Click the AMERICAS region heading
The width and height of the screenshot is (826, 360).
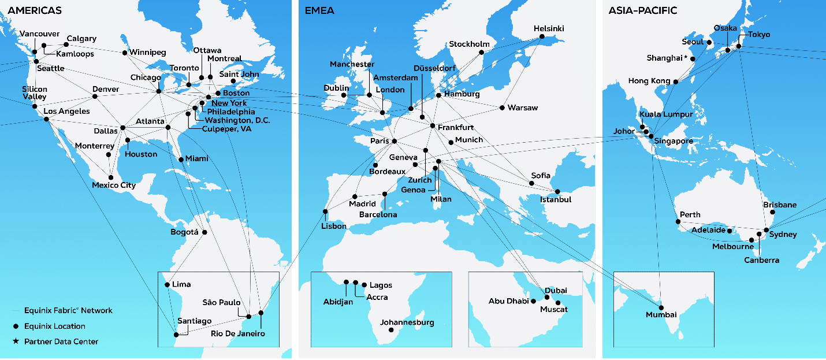(35, 10)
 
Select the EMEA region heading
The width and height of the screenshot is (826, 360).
(319, 10)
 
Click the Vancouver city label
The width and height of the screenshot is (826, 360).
(39, 34)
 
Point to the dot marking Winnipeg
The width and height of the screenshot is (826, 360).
(125, 53)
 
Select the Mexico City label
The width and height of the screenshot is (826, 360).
(114, 185)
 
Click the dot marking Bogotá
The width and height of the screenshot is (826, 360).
(204, 232)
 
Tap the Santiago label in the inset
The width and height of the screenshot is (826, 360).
(195, 321)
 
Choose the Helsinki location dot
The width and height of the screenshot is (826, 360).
(542, 37)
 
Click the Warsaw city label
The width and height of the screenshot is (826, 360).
(522, 108)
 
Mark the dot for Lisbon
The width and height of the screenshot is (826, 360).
(325, 211)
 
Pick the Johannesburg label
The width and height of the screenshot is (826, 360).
(407, 322)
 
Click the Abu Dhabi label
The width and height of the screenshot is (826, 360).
(508, 301)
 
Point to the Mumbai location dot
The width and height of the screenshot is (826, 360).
(661, 307)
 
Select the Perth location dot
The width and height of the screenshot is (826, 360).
(678, 222)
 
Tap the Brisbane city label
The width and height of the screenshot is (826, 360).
(779, 205)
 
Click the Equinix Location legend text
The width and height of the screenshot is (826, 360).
(54, 326)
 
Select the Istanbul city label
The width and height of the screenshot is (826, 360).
(556, 200)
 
